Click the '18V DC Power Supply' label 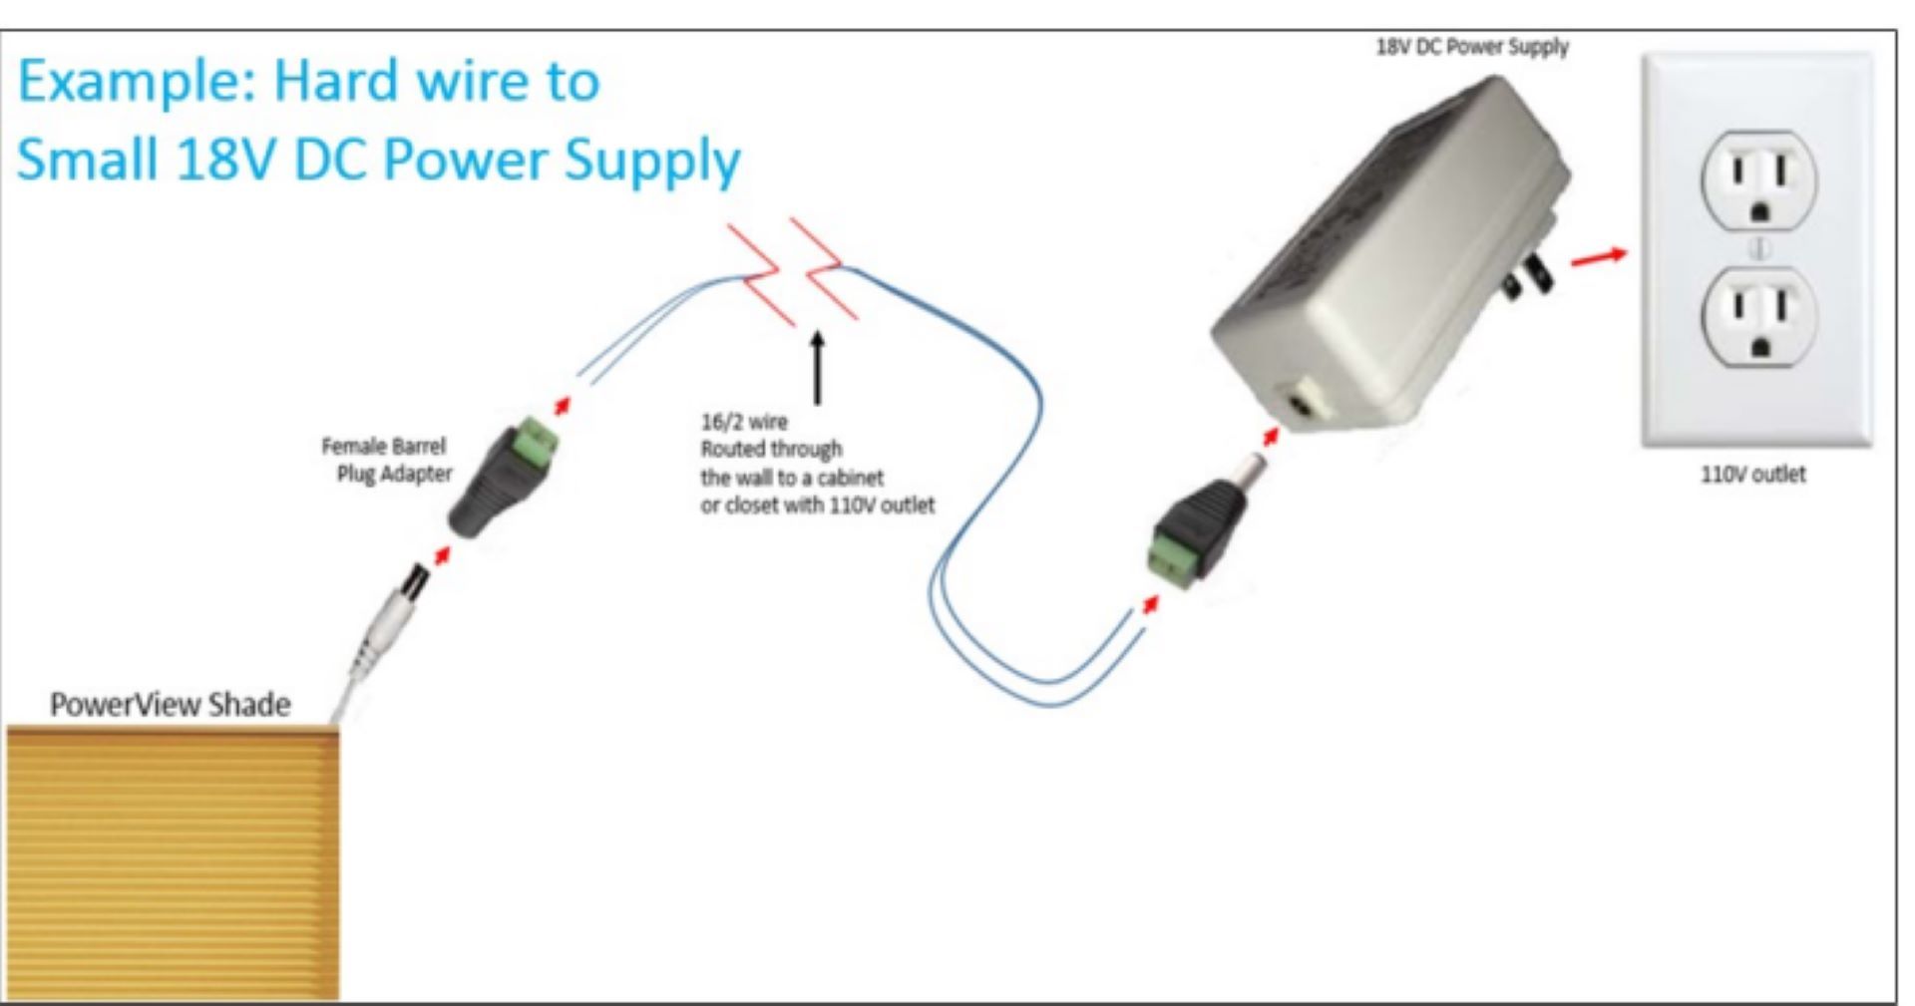click(x=1472, y=47)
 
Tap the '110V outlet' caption click(x=1752, y=475)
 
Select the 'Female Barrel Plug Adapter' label click(x=388, y=460)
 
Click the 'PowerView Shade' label click(x=171, y=705)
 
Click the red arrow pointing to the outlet click(x=1598, y=257)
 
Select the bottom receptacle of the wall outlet click(x=1758, y=317)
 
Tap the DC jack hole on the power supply click(x=1299, y=405)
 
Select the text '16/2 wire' click(x=744, y=422)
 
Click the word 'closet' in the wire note click(x=754, y=505)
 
